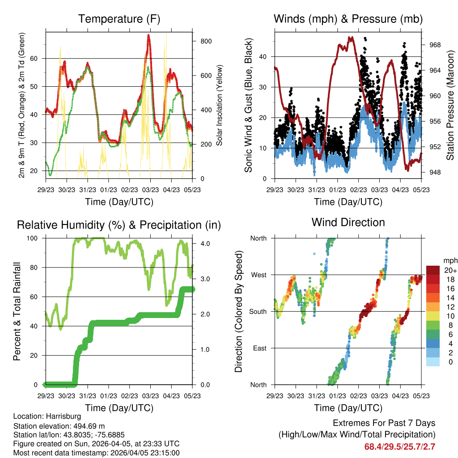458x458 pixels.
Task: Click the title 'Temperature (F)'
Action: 119,19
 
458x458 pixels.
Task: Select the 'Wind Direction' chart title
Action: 348,222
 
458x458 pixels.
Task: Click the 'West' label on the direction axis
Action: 259,275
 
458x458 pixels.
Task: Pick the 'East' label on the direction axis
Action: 259,348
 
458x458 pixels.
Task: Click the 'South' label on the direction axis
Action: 258,311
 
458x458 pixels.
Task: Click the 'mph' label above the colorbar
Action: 449,260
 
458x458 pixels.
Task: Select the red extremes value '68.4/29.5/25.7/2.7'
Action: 400,447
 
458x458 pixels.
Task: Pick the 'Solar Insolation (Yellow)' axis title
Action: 220,105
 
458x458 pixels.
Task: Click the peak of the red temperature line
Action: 148,35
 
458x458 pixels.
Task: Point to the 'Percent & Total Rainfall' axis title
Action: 17,312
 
